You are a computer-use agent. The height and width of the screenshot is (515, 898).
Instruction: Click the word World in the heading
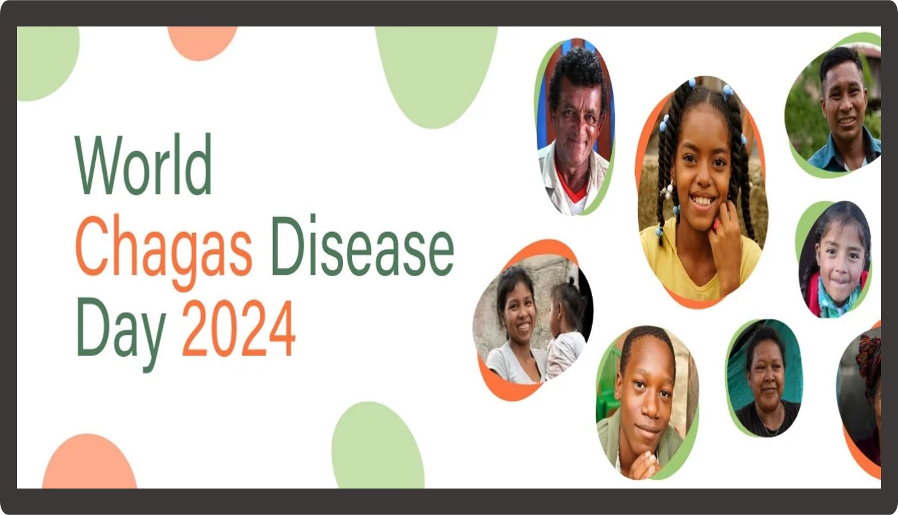coord(143,164)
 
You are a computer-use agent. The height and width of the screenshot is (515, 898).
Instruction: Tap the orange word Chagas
coord(164,252)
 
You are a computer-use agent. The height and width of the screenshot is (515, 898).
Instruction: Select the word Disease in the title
coord(363,245)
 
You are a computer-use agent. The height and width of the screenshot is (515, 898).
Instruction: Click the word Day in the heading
coord(121,335)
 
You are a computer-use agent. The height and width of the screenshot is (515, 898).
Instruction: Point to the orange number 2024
coord(239,328)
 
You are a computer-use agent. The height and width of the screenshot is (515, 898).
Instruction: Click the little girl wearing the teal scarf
coord(835,260)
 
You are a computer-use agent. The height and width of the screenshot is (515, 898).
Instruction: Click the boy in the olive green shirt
coord(646,402)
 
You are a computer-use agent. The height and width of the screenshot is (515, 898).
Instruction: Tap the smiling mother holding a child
coord(515,325)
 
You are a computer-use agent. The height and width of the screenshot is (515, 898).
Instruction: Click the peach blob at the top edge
coord(202,42)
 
